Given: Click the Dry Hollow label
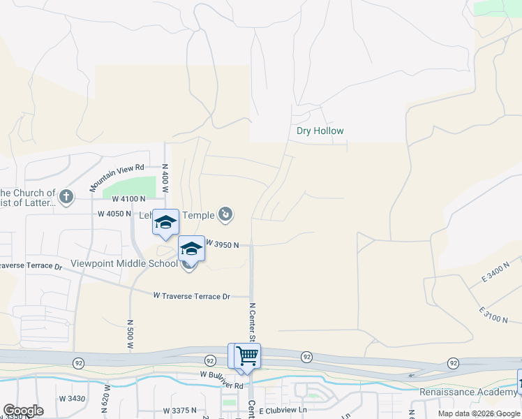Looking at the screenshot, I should (x=320, y=131).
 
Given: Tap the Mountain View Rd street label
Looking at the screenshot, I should (x=117, y=178).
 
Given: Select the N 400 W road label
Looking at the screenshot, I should (x=165, y=175).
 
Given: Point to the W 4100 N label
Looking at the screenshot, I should (x=128, y=199).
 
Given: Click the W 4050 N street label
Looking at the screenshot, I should (x=114, y=214).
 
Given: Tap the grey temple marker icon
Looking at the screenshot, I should (x=225, y=214).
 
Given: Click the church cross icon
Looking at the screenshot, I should (x=66, y=197).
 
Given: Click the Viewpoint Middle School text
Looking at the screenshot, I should (x=124, y=264).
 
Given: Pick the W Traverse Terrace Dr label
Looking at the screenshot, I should (x=191, y=296).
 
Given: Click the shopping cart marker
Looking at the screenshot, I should (x=247, y=355).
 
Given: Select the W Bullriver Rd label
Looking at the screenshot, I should (x=221, y=385).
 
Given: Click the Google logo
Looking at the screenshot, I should (x=23, y=411).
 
